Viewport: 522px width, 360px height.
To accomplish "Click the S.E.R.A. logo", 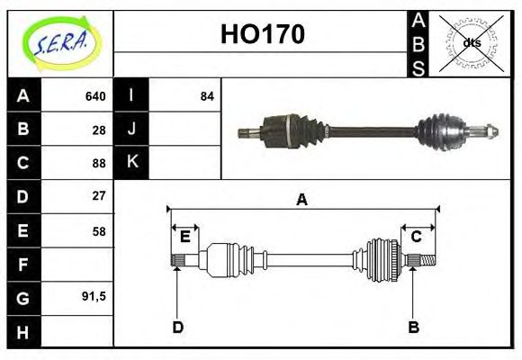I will (x=59, y=43).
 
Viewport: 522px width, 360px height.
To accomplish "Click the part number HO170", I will (x=262, y=35).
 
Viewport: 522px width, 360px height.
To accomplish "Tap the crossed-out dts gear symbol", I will (x=471, y=42).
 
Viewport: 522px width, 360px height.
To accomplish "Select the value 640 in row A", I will (x=95, y=96).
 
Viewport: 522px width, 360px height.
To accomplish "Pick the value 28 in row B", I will (x=99, y=130).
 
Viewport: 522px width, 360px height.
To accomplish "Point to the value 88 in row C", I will (x=99, y=163).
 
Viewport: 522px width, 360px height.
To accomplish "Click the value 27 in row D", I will (x=99, y=195).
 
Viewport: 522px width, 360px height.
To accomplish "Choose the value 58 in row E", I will (x=99, y=230).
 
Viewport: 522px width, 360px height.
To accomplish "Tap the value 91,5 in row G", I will (x=94, y=296).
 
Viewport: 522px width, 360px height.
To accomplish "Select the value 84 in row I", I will (x=207, y=96).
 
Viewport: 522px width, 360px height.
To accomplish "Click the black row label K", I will (x=131, y=162).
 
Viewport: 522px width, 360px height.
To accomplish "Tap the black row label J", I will (x=131, y=129).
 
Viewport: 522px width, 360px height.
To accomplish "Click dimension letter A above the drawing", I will (x=301, y=200).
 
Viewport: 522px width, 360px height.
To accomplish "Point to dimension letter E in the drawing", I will (x=184, y=237).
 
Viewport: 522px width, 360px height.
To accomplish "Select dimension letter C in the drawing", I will (x=416, y=237).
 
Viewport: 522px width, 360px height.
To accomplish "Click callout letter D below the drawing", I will (x=177, y=327).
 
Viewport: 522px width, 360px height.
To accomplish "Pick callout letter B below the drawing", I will (x=413, y=327).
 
